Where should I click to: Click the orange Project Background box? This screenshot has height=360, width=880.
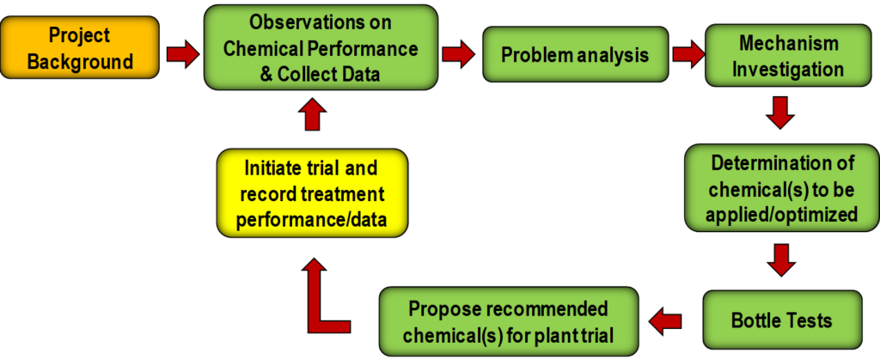(80, 47)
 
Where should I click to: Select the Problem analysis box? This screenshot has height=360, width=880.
(575, 55)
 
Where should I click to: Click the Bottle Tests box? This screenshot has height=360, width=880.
(782, 321)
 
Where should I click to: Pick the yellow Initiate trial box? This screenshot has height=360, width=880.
(312, 192)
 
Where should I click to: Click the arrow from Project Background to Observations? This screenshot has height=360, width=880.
(183, 55)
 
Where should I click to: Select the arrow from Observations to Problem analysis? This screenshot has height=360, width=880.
(459, 54)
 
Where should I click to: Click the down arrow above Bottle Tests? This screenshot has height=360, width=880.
(780, 260)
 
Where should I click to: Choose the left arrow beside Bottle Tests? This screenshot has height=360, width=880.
(666, 321)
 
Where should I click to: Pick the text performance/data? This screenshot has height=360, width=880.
(312, 220)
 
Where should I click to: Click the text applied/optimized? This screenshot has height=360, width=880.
(780, 216)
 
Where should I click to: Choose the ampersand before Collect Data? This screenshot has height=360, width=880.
(266, 73)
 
